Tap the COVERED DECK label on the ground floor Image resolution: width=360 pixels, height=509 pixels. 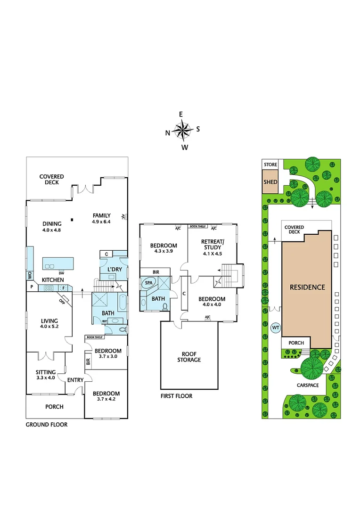click(52, 180)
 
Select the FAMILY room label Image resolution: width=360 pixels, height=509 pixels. click(101, 216)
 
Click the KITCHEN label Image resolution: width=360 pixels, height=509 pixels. click(53, 280)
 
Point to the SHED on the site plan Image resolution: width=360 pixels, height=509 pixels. click(270, 182)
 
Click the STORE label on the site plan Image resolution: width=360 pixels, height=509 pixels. click(270, 164)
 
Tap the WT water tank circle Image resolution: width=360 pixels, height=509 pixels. click(275, 328)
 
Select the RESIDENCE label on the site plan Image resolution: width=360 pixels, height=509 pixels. click(307, 287)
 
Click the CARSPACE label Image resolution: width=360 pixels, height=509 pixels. click(308, 385)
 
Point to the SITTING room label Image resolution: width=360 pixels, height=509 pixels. click(46, 371)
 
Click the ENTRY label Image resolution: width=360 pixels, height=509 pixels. click(75, 380)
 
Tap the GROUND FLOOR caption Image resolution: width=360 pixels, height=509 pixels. click(46, 424)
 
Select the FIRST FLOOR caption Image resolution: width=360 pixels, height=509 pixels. click(176, 396)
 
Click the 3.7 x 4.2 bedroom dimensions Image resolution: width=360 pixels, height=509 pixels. click(106, 399)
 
